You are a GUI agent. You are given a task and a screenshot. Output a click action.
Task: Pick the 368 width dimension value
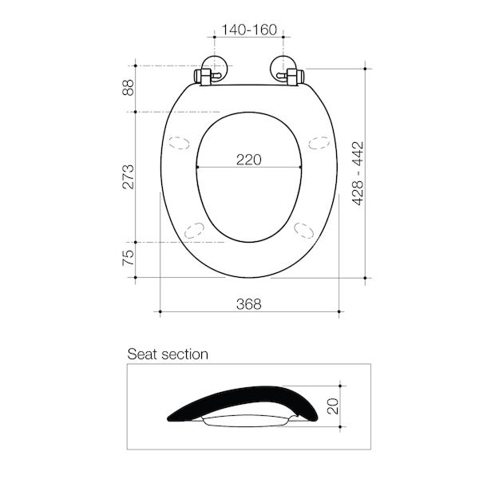click(248, 303)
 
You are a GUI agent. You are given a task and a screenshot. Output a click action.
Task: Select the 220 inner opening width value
click(248, 159)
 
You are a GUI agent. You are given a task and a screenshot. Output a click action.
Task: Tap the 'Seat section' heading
click(168, 354)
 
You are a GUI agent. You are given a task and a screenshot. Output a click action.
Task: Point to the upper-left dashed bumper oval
click(179, 144)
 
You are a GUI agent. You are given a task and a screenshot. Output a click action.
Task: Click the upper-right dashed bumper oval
click(318, 144)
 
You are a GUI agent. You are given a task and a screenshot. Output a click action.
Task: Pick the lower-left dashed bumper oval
click(193, 229)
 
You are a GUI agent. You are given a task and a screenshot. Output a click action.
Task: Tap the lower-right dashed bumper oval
click(303, 229)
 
